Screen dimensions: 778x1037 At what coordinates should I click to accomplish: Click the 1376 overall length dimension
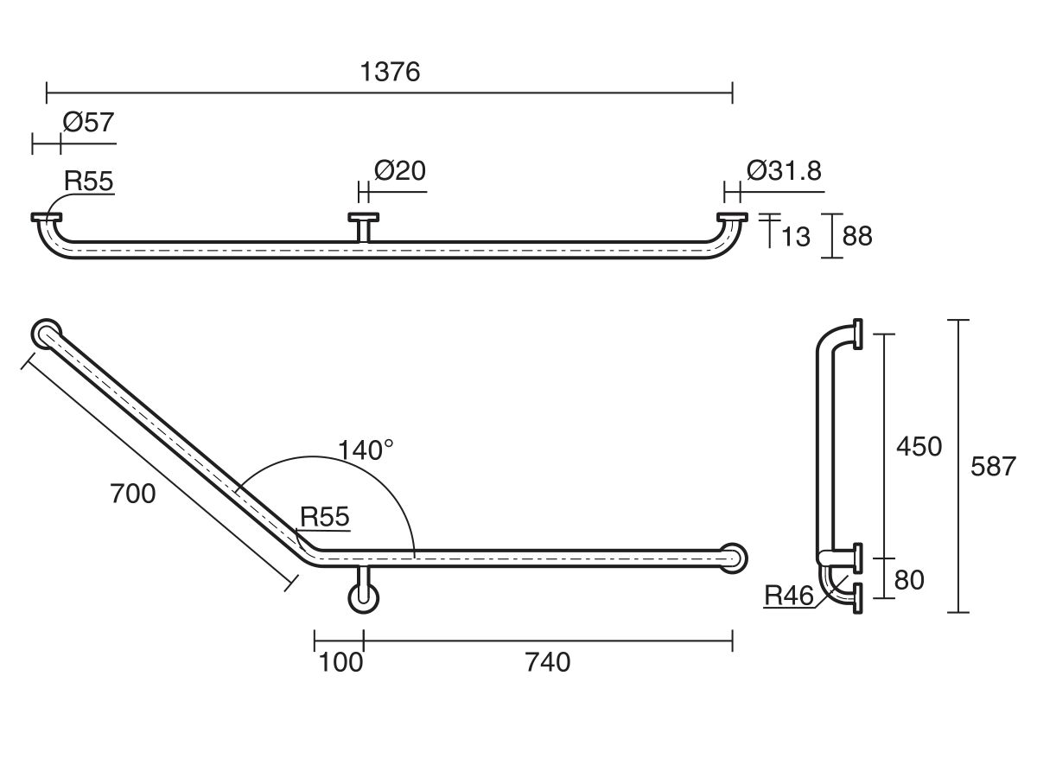coord(390,72)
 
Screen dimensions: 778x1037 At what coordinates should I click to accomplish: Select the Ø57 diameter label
coord(87,123)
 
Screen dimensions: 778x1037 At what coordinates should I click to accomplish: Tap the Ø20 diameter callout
coord(399,170)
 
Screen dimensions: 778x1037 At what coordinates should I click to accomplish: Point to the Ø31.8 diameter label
coord(784,170)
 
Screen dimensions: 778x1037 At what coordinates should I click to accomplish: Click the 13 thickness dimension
coord(796,236)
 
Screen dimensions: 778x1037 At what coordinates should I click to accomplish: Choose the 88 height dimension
coord(857,236)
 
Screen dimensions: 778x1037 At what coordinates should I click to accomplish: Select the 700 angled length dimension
coord(132,494)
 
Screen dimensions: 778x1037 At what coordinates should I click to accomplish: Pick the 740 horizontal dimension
coord(547,663)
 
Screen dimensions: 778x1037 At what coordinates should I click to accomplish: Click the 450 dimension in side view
coord(919,447)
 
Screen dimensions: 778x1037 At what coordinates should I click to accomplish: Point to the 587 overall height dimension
coord(993,467)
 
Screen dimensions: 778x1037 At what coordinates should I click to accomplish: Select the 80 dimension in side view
coord(909,580)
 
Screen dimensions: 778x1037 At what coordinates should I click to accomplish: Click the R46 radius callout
coord(790,596)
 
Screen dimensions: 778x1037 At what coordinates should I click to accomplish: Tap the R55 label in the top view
coord(89,181)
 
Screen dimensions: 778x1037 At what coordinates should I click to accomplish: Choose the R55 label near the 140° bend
coord(324,517)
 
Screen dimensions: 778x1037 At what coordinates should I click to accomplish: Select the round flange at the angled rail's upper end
coord(47,333)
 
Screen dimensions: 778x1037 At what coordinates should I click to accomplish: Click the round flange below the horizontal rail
coord(363,598)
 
